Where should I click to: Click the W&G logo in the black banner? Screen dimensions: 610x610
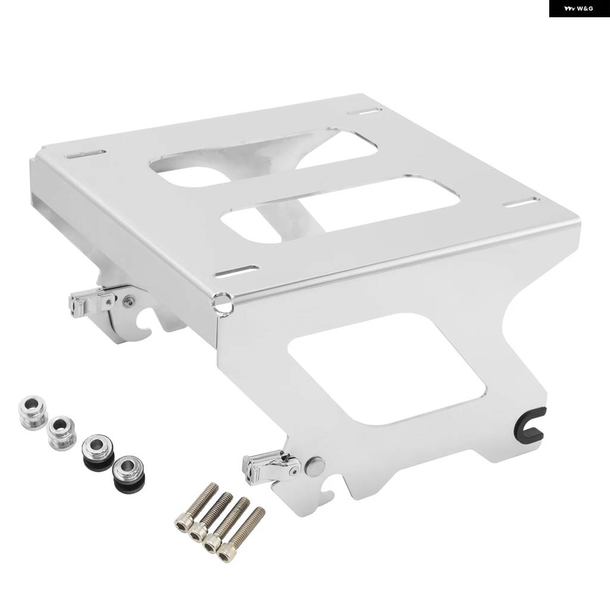coord(578,8)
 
